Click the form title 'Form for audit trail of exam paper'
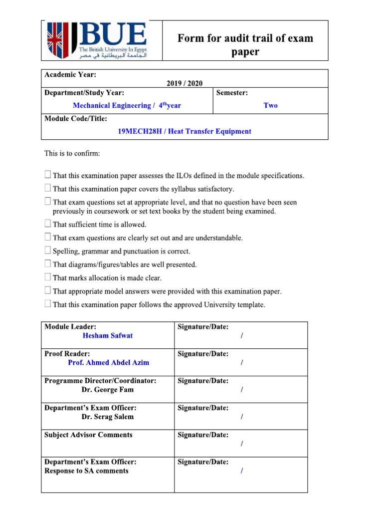point(245,45)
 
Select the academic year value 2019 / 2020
point(184,83)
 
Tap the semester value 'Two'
point(270,105)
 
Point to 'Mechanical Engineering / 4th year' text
point(126,105)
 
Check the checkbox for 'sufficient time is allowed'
point(47,224)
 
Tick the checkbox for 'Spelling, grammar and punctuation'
point(47,251)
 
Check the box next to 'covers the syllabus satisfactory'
point(47,188)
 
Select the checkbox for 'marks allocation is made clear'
point(47,277)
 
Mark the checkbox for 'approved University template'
point(47,304)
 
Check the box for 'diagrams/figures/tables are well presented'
point(47,264)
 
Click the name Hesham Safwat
point(108,336)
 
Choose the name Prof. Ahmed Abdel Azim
point(108,363)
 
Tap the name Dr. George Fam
point(108,390)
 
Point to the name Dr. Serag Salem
point(108,417)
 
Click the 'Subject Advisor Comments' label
point(88,435)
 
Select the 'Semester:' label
point(232,92)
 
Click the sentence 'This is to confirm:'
point(72,153)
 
